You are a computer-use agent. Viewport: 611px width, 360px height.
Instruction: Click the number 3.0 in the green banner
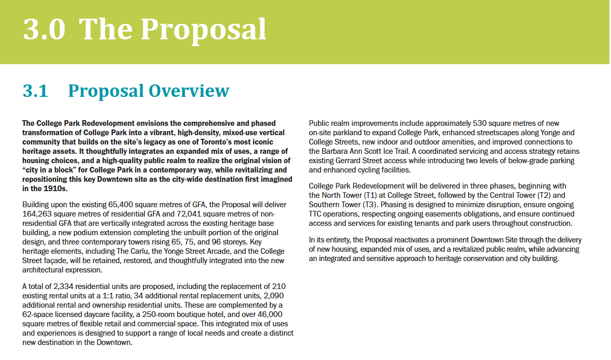tap(44, 30)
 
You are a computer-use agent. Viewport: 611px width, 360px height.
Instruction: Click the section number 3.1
tap(35, 91)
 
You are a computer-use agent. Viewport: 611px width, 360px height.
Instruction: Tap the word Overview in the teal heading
tap(188, 91)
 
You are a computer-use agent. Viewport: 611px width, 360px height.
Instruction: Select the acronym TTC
tap(316, 213)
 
